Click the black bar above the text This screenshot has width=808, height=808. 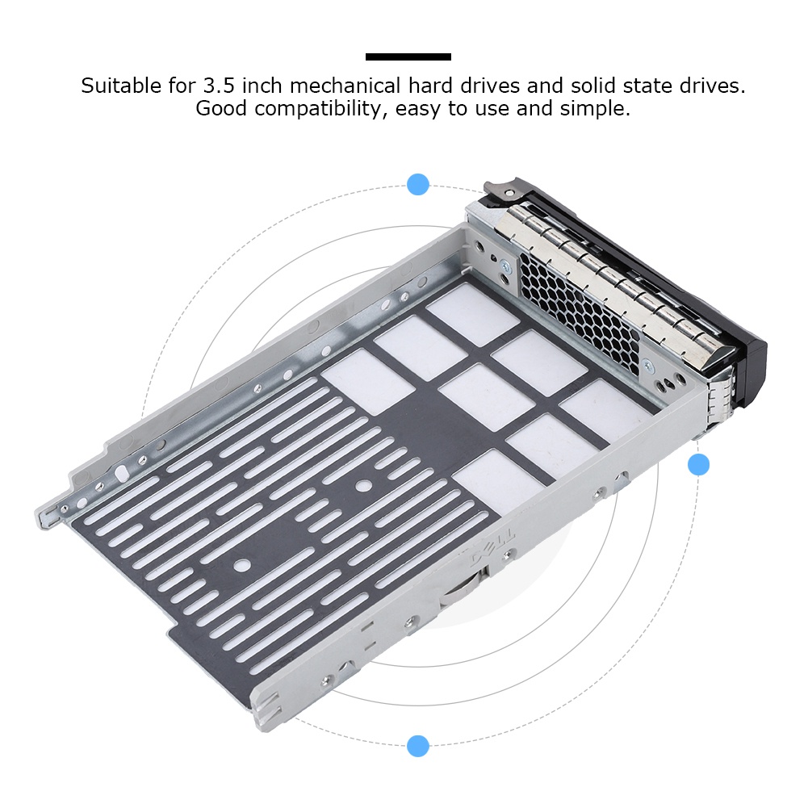408,57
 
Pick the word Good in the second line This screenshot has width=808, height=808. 222,109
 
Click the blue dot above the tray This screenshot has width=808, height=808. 417,184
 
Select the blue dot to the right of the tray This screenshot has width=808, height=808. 698,464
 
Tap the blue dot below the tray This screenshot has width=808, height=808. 417,745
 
